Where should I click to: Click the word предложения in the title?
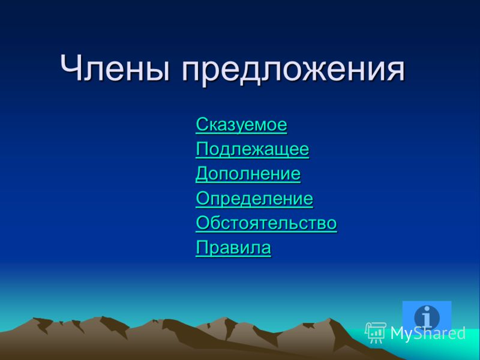(293, 71)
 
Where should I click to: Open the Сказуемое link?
(241, 124)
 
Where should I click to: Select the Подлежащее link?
(252, 149)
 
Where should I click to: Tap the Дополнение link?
(248, 174)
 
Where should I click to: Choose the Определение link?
(254, 199)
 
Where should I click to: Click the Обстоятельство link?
(266, 223)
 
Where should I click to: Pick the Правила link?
(233, 247)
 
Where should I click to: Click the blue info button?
(427, 316)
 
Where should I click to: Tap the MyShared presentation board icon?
(376, 332)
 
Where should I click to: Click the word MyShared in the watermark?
(428, 333)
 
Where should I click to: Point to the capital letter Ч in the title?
(71, 68)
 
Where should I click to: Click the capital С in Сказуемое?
(202, 124)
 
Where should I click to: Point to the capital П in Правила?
(202, 248)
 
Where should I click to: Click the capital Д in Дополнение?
(202, 175)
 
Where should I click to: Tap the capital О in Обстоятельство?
(203, 223)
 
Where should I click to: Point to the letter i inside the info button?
(427, 316)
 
